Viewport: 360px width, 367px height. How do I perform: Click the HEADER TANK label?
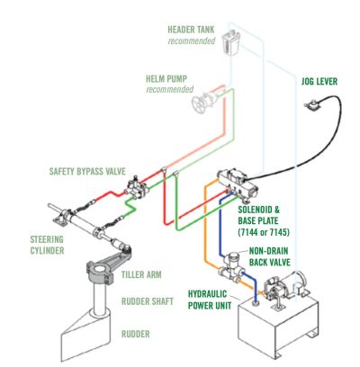click(191, 30)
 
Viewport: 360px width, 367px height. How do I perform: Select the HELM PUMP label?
click(166, 79)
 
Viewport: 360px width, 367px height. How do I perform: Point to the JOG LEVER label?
click(319, 81)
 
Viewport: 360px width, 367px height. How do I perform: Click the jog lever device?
click(312, 106)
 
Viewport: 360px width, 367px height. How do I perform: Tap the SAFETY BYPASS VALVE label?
click(87, 171)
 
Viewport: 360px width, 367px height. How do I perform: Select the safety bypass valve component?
click(137, 188)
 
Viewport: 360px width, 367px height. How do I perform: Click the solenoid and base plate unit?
click(238, 183)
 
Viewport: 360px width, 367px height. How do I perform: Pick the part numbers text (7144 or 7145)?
click(264, 232)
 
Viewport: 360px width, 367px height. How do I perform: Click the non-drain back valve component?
click(231, 266)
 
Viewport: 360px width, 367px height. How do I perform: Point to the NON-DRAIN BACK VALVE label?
click(269, 256)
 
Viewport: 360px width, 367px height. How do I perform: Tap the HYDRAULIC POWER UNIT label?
click(210, 300)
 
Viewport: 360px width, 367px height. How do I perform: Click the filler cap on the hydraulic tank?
click(256, 304)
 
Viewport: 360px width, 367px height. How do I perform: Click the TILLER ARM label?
click(141, 274)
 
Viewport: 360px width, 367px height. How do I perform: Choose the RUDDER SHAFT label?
click(148, 301)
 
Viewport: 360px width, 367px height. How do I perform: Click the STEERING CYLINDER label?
click(47, 245)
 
